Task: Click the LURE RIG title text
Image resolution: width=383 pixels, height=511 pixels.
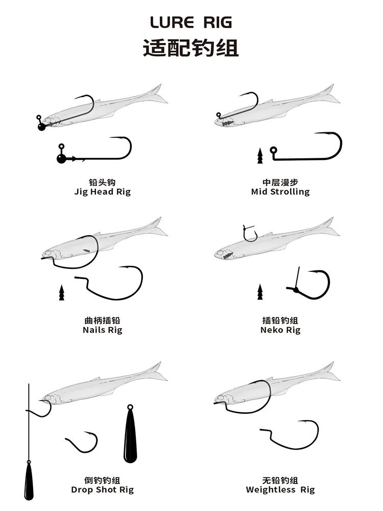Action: point(191,22)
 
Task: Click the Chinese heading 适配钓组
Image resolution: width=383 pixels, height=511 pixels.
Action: point(191,48)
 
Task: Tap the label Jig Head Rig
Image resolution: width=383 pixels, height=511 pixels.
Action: point(102,192)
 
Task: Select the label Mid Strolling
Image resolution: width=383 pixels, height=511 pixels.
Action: point(280,192)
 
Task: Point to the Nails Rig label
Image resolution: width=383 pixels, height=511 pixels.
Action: point(102,330)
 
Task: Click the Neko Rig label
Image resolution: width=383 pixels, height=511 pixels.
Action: point(280,330)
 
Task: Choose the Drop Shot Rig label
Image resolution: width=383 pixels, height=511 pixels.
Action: point(102,490)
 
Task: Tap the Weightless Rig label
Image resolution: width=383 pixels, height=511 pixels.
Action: point(280,490)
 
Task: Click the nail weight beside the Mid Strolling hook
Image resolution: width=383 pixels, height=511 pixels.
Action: point(259,155)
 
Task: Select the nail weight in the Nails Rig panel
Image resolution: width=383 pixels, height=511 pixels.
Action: point(61,293)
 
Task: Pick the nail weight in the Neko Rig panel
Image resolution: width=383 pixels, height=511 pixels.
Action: point(259,293)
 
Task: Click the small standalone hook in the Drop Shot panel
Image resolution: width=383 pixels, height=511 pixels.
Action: point(82,441)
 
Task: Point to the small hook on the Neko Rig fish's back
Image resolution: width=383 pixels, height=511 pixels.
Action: point(250,233)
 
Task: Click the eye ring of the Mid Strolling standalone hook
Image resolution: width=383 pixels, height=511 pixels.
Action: point(273,150)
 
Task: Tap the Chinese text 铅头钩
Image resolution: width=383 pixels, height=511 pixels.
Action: point(102,182)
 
